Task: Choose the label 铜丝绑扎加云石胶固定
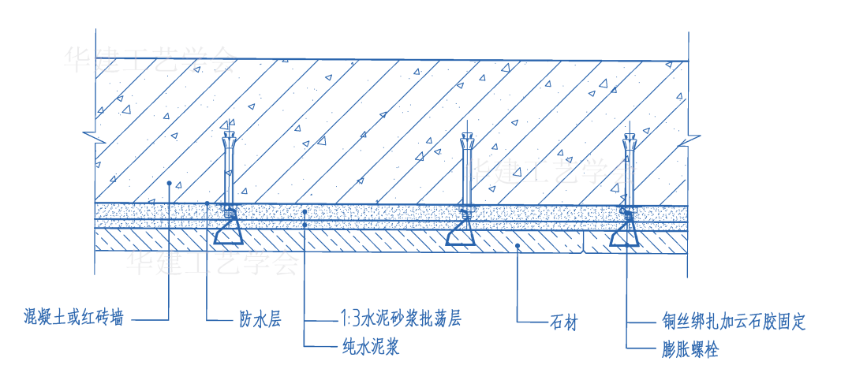click(x=734, y=322)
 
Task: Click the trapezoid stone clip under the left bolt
click(x=229, y=232)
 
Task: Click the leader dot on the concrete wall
click(x=170, y=183)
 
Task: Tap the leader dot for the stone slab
click(x=517, y=246)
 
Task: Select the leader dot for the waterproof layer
click(x=207, y=203)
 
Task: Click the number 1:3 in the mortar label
click(x=350, y=319)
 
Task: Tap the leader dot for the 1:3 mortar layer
click(x=305, y=212)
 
